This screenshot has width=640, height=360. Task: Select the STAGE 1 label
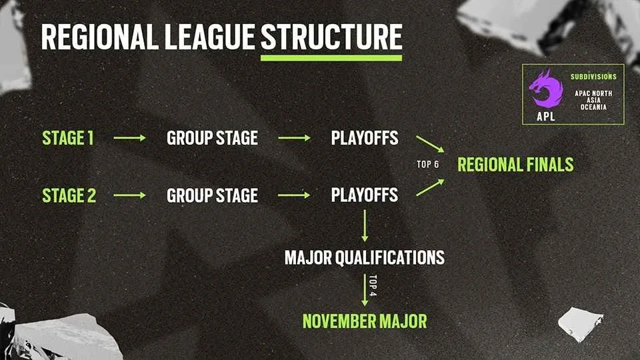(x=68, y=138)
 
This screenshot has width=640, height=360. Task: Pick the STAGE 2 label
(x=69, y=195)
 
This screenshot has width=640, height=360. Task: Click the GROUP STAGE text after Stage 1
(x=212, y=138)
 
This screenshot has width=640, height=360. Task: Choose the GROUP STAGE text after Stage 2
(x=212, y=195)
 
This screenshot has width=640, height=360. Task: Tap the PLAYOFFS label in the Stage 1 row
(x=365, y=138)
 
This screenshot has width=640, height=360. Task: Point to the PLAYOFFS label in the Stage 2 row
(x=365, y=195)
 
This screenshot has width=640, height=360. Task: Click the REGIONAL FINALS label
(x=515, y=165)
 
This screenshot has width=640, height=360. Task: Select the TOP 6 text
(x=428, y=165)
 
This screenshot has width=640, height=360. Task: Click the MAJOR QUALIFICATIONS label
(x=365, y=257)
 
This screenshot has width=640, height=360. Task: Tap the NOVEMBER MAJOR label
(x=365, y=321)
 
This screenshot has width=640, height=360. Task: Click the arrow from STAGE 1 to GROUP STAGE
(x=129, y=138)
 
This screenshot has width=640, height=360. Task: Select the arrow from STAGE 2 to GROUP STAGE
(x=129, y=195)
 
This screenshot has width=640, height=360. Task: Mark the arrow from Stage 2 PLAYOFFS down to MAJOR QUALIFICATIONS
(x=365, y=226)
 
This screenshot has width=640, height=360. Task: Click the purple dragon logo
(x=545, y=90)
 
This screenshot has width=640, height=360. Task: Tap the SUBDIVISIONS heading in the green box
(x=593, y=77)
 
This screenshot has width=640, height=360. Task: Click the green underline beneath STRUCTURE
(x=331, y=58)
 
